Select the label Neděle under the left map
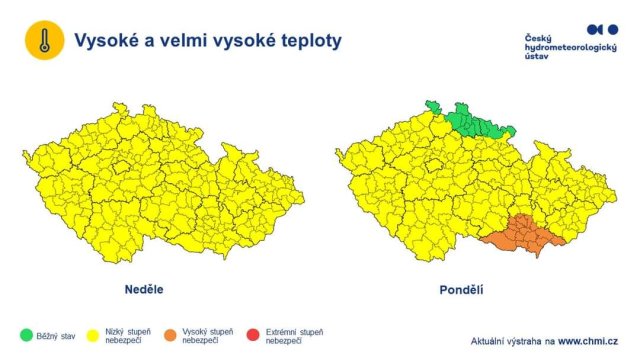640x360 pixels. click(x=143, y=290)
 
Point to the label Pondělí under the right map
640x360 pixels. click(x=461, y=290)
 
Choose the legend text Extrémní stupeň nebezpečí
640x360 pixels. click(x=293, y=336)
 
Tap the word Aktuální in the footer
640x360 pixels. click(x=492, y=340)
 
